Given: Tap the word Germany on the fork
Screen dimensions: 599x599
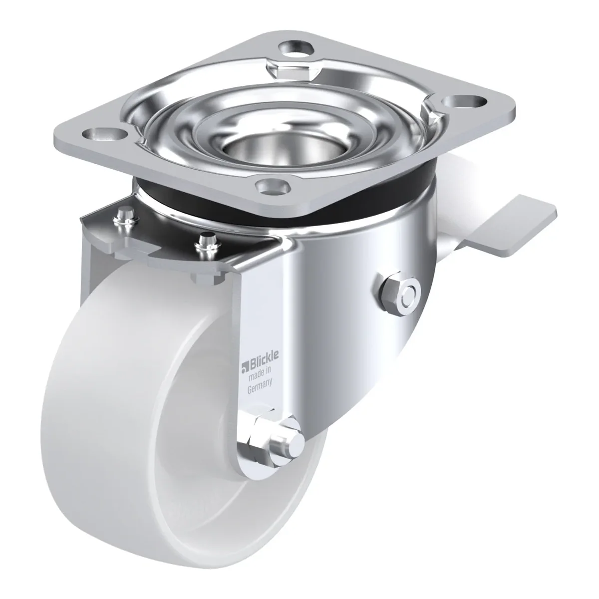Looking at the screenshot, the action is coord(260,386).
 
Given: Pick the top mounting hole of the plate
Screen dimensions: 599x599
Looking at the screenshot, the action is coord(294,50).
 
